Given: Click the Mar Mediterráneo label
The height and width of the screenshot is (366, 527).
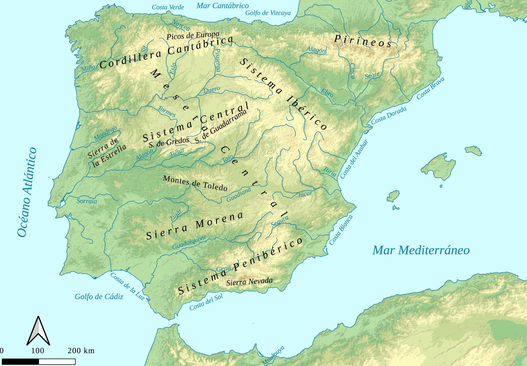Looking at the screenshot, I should click(421, 250).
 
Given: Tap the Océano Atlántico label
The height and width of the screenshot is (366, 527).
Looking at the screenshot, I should click(27, 192).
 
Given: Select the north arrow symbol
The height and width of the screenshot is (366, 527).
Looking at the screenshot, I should click(38, 331).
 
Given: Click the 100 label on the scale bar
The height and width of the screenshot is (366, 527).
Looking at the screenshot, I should click(38, 351).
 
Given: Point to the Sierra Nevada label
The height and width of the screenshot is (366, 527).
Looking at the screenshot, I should click(249, 282).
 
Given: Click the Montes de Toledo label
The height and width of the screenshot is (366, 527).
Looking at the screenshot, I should click(195, 183).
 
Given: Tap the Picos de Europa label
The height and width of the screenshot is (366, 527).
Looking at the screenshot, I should click(193, 35).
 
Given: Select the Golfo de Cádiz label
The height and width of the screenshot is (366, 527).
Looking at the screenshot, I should click(99, 297).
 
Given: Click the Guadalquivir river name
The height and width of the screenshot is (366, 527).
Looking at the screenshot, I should click(189, 242).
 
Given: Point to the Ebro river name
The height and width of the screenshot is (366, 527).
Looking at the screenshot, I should click(327, 93).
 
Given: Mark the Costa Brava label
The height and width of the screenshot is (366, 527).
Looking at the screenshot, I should click(430, 88).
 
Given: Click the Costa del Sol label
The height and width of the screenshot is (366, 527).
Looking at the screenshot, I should click(206, 302).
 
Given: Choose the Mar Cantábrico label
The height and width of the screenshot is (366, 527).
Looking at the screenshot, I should click(223, 5).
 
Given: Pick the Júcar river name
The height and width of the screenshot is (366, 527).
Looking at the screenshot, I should click(305, 194).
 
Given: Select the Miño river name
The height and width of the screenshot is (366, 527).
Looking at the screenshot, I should click(88, 68).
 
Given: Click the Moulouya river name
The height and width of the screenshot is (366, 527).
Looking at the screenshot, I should click(273, 356).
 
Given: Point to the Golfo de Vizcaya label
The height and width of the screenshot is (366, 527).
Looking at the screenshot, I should click(268, 13).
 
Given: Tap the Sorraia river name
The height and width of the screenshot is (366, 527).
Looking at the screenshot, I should click(87, 201).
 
